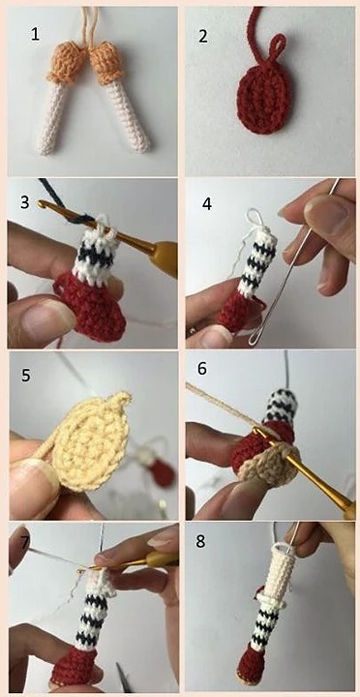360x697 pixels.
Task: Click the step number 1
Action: (x=36, y=34)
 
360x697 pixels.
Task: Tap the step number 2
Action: (x=202, y=36)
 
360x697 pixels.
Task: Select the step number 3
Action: (x=25, y=202)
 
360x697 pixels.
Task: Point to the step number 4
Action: (x=207, y=204)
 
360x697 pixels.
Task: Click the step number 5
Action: (x=26, y=376)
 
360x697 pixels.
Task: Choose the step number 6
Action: (x=202, y=369)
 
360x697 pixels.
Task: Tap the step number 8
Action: (x=201, y=542)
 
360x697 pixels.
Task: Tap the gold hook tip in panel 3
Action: (x=42, y=204)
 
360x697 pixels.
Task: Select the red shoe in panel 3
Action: (x=90, y=307)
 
